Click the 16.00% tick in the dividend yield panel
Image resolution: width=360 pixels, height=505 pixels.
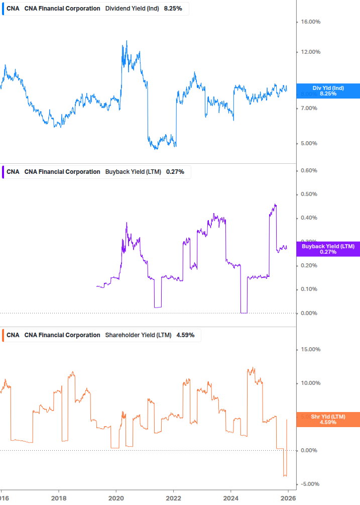[310, 22]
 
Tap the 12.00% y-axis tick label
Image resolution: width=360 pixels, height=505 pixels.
[310, 52]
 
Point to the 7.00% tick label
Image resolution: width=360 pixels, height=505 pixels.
[309, 108]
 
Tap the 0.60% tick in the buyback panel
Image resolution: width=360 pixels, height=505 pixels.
[309, 170]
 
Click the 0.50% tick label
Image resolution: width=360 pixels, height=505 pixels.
[309, 194]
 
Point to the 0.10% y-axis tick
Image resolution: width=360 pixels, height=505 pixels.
[309, 289]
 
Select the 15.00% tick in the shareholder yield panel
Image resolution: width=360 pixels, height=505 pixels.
[310, 349]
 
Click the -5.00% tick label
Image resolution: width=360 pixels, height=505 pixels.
[310, 484]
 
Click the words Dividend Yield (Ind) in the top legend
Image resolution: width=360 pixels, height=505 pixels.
[133, 9]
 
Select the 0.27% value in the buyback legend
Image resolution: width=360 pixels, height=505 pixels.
[175, 172]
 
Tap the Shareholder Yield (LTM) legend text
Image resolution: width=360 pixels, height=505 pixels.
[138, 335]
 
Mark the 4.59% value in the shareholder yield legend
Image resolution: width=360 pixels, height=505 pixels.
[185, 335]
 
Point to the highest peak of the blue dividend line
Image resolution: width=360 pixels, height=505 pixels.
[127, 41]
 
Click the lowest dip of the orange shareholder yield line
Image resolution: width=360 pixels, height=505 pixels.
[285, 476]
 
